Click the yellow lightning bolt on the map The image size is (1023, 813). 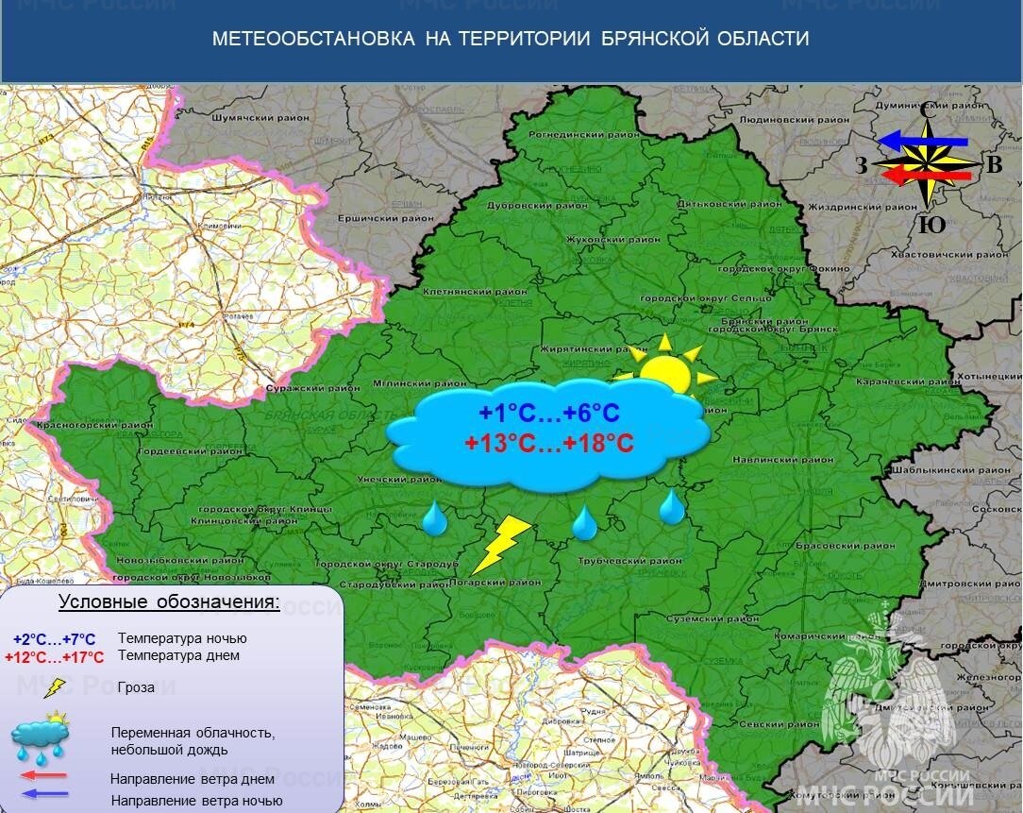[x=501, y=545]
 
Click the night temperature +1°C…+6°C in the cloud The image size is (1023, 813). [x=548, y=414]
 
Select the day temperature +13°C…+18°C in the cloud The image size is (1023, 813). [x=548, y=442]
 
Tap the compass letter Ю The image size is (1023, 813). [x=931, y=225]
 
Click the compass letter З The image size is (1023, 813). [x=862, y=166]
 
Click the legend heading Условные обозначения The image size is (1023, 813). [x=169, y=602]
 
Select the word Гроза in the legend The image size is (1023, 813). [x=138, y=687]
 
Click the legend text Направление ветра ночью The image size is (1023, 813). [x=196, y=801]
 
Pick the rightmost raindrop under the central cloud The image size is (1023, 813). [x=672, y=508]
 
